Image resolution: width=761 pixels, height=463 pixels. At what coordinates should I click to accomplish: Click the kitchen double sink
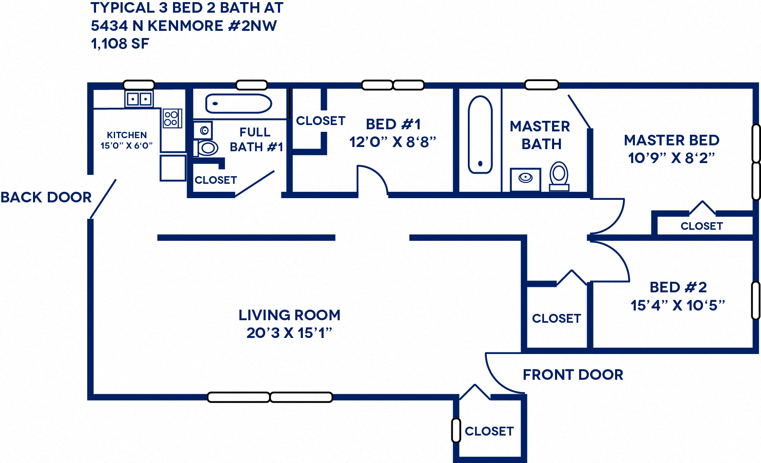click(139, 99)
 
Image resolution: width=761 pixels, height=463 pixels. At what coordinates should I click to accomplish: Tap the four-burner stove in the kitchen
click(172, 118)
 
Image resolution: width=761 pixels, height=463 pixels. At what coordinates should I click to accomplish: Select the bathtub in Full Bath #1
click(239, 103)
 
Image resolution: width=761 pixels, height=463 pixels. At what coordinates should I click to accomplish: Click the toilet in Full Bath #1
click(207, 148)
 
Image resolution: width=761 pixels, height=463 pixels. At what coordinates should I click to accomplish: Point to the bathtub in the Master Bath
click(480, 134)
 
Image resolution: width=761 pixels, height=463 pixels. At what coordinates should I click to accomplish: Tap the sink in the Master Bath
click(525, 179)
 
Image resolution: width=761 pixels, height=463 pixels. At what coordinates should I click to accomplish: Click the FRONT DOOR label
click(573, 375)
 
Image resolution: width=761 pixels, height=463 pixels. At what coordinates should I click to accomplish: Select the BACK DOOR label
click(46, 197)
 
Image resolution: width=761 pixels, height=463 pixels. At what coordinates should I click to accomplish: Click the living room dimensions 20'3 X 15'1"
click(289, 333)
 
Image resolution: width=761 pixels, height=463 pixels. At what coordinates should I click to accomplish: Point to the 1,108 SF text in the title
click(120, 44)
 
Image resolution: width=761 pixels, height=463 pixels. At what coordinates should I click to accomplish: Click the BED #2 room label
click(678, 287)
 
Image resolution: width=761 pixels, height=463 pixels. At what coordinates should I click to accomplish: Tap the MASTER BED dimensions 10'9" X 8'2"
click(671, 158)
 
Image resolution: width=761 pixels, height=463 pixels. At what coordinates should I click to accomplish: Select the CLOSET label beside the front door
click(489, 431)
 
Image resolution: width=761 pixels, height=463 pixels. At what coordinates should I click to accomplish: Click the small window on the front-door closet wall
click(456, 430)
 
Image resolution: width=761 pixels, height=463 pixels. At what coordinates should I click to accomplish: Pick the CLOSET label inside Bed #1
click(321, 121)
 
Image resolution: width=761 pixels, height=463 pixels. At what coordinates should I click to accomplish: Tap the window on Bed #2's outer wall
click(756, 300)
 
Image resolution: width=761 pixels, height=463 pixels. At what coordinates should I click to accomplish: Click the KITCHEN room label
click(126, 135)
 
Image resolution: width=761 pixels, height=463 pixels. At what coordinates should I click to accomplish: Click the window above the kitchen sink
click(139, 84)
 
